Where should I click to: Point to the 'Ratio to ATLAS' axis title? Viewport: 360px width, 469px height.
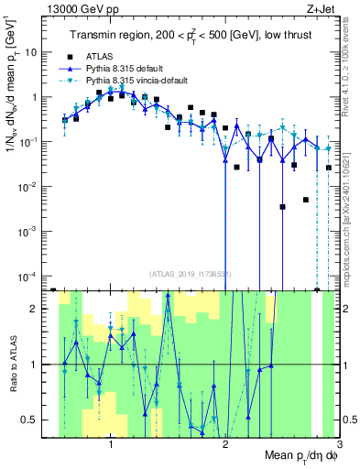tap(13, 364)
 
